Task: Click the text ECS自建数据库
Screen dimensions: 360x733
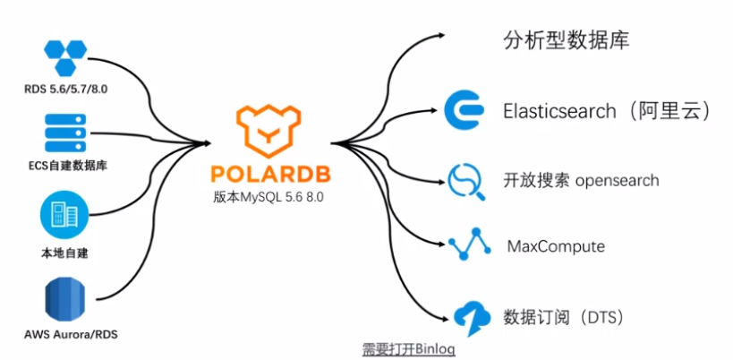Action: tap(67, 166)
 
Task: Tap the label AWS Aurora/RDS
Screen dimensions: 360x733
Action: tap(66, 336)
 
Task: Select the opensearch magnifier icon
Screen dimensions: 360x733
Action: tap(465, 181)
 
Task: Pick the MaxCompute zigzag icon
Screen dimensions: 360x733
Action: tap(466, 244)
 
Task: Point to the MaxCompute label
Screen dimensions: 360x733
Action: tap(556, 245)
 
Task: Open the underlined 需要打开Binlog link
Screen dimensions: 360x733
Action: tap(408, 349)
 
